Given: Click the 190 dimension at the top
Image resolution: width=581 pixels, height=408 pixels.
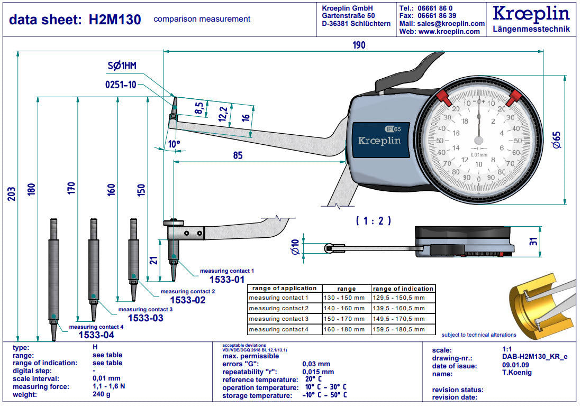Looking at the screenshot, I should click(359, 45).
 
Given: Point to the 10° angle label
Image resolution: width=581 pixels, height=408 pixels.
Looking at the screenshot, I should click(174, 144).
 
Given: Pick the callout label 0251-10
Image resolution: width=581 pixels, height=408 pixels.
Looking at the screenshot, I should click(120, 85).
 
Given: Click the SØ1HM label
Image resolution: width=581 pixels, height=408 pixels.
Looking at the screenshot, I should click(122, 66).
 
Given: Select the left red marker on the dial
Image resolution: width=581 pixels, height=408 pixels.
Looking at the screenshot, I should click(442, 97).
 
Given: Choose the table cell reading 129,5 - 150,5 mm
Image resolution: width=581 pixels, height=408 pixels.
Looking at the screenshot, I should click(398, 298).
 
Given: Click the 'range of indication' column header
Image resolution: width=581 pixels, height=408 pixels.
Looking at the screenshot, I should click(403, 289).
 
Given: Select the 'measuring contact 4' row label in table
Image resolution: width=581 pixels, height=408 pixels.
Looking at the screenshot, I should click(278, 329).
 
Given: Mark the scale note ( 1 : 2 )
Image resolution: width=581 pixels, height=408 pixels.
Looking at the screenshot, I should click(373, 221).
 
